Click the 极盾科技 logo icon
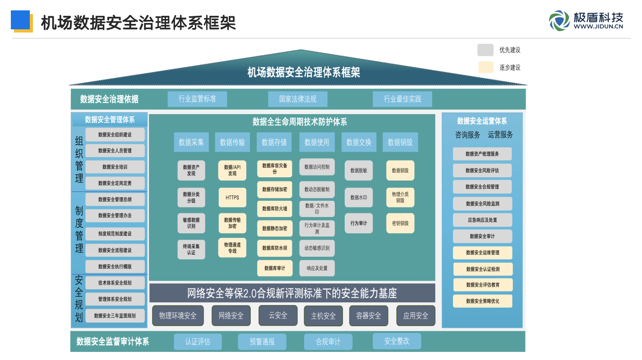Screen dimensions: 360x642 coord(559,21)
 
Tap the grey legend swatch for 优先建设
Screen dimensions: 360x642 coord(485,50)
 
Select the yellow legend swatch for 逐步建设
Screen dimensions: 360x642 coord(485,67)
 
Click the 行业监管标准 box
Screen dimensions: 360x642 coord(197,99)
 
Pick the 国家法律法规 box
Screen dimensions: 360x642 coord(297,99)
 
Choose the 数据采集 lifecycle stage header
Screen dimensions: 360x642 coord(191,142)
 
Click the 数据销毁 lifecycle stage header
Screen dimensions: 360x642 coord(400,142)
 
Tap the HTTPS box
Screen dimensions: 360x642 coord(232,198)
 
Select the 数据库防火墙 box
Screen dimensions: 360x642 coord(275,209)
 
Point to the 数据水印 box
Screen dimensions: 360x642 coord(359,198)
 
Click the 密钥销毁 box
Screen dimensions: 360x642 coord(400,223)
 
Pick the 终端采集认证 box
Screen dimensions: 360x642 coord(191,249)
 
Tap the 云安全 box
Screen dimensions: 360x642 coord(278,315)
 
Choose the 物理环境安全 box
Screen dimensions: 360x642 coord(178,316)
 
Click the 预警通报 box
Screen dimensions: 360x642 coord(262,342)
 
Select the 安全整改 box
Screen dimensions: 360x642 coord(397,341)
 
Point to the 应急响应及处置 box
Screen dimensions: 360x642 coord(482,220)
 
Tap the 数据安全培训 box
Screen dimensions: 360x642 coord(115,167)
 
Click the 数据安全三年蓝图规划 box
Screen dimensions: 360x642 coord(115,316)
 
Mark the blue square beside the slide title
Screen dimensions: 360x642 coord(20,20)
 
